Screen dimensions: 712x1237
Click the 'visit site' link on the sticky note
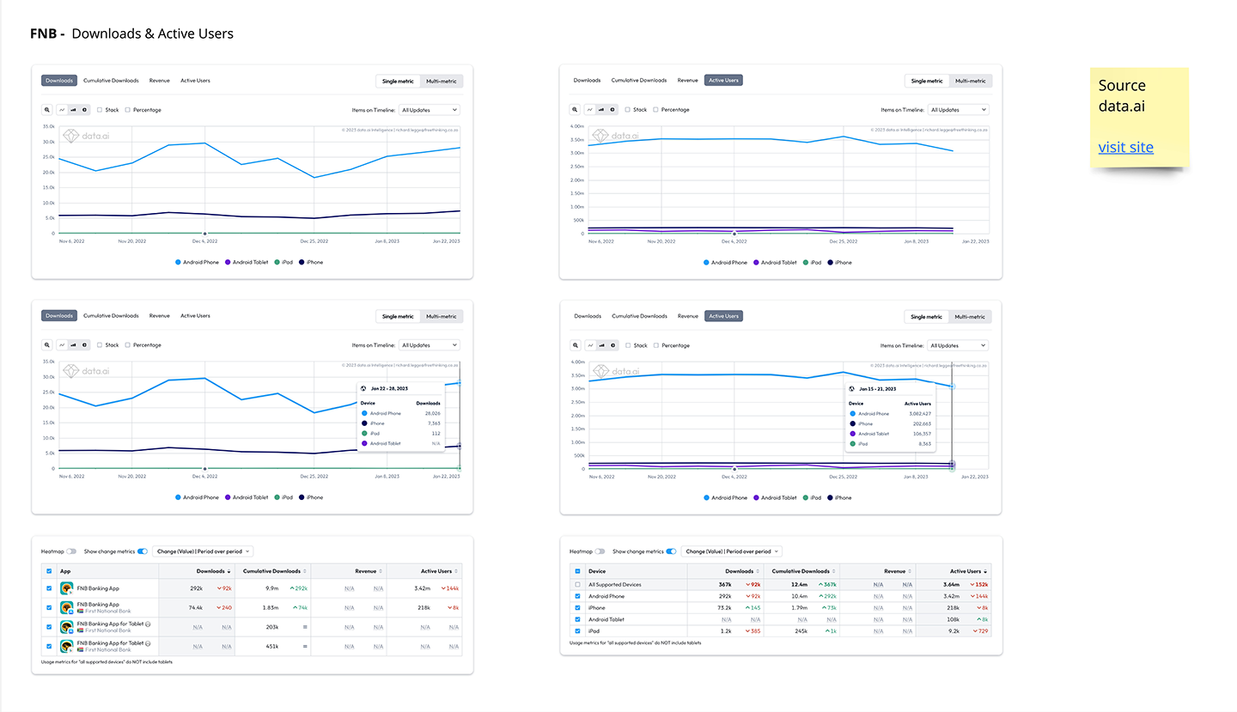point(1125,148)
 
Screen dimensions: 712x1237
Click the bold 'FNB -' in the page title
point(47,34)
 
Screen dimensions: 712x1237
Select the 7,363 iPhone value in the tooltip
point(431,423)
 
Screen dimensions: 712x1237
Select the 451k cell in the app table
point(271,647)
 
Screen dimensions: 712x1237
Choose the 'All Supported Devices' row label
point(615,584)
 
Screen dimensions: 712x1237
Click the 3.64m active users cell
point(950,584)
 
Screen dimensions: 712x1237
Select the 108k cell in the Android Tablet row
point(952,619)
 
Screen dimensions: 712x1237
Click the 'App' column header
point(65,571)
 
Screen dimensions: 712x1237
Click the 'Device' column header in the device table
point(598,571)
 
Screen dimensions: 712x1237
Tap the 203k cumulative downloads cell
point(271,627)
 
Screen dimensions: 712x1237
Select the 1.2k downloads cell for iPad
point(726,630)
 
